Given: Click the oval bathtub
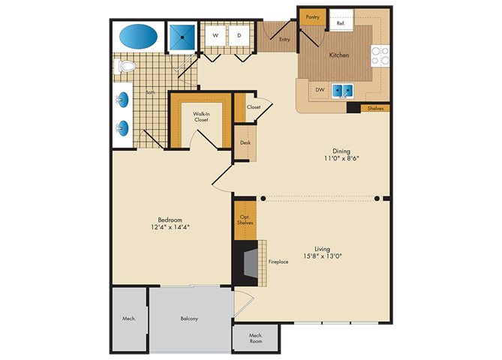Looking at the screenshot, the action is click(138, 36).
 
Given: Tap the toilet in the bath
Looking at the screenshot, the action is click(125, 66).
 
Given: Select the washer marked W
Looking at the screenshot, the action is click(215, 35).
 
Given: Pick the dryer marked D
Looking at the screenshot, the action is click(239, 35).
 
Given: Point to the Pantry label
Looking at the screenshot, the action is click(312, 17).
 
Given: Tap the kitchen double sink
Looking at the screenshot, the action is click(343, 91).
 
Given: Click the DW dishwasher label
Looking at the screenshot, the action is click(320, 89).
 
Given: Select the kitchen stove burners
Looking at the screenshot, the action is click(380, 55).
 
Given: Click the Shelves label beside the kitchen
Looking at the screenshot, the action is click(375, 108).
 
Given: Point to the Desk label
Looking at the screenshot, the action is click(245, 142).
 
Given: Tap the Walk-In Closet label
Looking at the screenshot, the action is click(201, 116).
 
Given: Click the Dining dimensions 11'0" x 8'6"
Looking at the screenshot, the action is click(341, 158).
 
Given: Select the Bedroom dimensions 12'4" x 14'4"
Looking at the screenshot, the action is click(170, 227).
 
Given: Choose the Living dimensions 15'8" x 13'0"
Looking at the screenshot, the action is click(323, 256).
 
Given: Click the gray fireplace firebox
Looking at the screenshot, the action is click(251, 264).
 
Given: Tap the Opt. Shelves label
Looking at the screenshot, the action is click(245, 220).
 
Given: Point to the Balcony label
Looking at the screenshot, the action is click(189, 319).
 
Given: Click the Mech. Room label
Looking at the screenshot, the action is click(256, 338).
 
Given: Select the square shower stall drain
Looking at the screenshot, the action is click(182, 37).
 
